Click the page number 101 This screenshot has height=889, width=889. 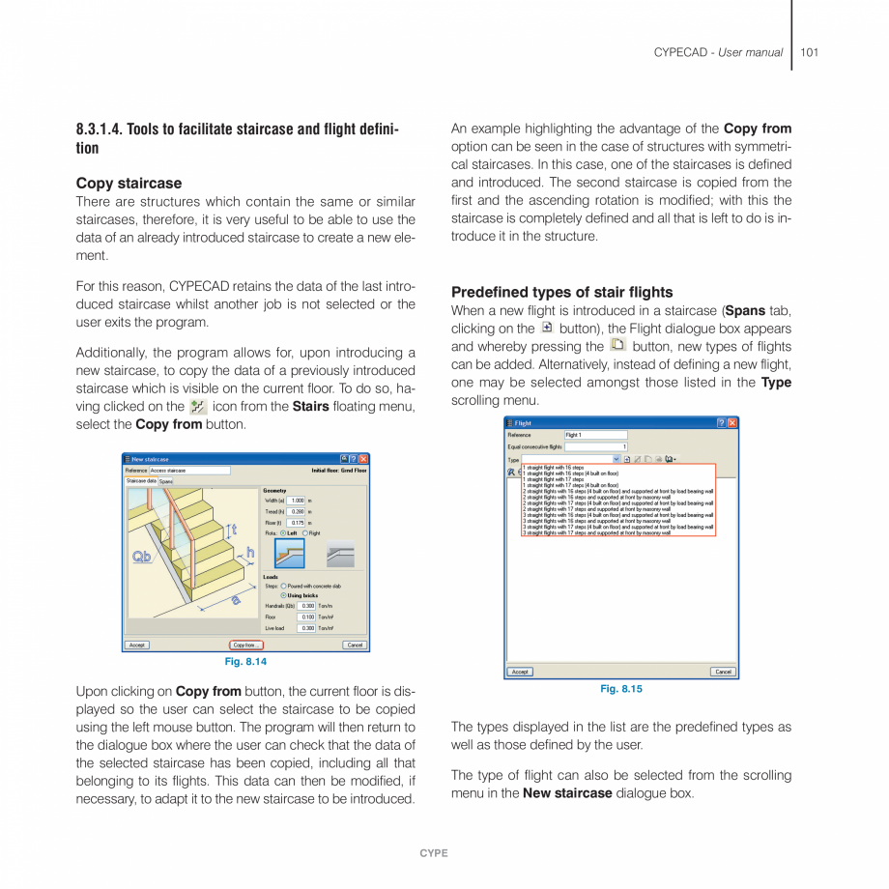[x=809, y=52]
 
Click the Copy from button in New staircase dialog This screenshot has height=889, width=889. [x=245, y=645]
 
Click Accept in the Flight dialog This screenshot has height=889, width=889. [x=520, y=672]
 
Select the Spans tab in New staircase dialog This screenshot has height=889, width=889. [x=166, y=481]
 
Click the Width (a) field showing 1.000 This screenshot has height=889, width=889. [x=297, y=501]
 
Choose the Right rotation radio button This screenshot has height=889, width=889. [x=305, y=533]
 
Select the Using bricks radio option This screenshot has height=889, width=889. [x=283, y=595]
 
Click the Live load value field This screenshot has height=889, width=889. [x=306, y=628]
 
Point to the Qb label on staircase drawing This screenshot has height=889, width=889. [x=142, y=558]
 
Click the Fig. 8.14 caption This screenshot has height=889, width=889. [x=245, y=662]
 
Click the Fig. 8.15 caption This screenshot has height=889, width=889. [x=621, y=689]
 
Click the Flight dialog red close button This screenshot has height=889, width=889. [x=732, y=423]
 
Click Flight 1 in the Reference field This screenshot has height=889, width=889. [x=594, y=435]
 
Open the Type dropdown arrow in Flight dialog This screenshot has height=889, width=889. [x=617, y=459]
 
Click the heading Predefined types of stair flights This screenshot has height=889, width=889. [x=561, y=292]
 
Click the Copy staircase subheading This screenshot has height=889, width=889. [x=129, y=183]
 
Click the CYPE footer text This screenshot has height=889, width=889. [x=434, y=853]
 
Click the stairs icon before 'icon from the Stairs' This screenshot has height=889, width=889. [x=198, y=407]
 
